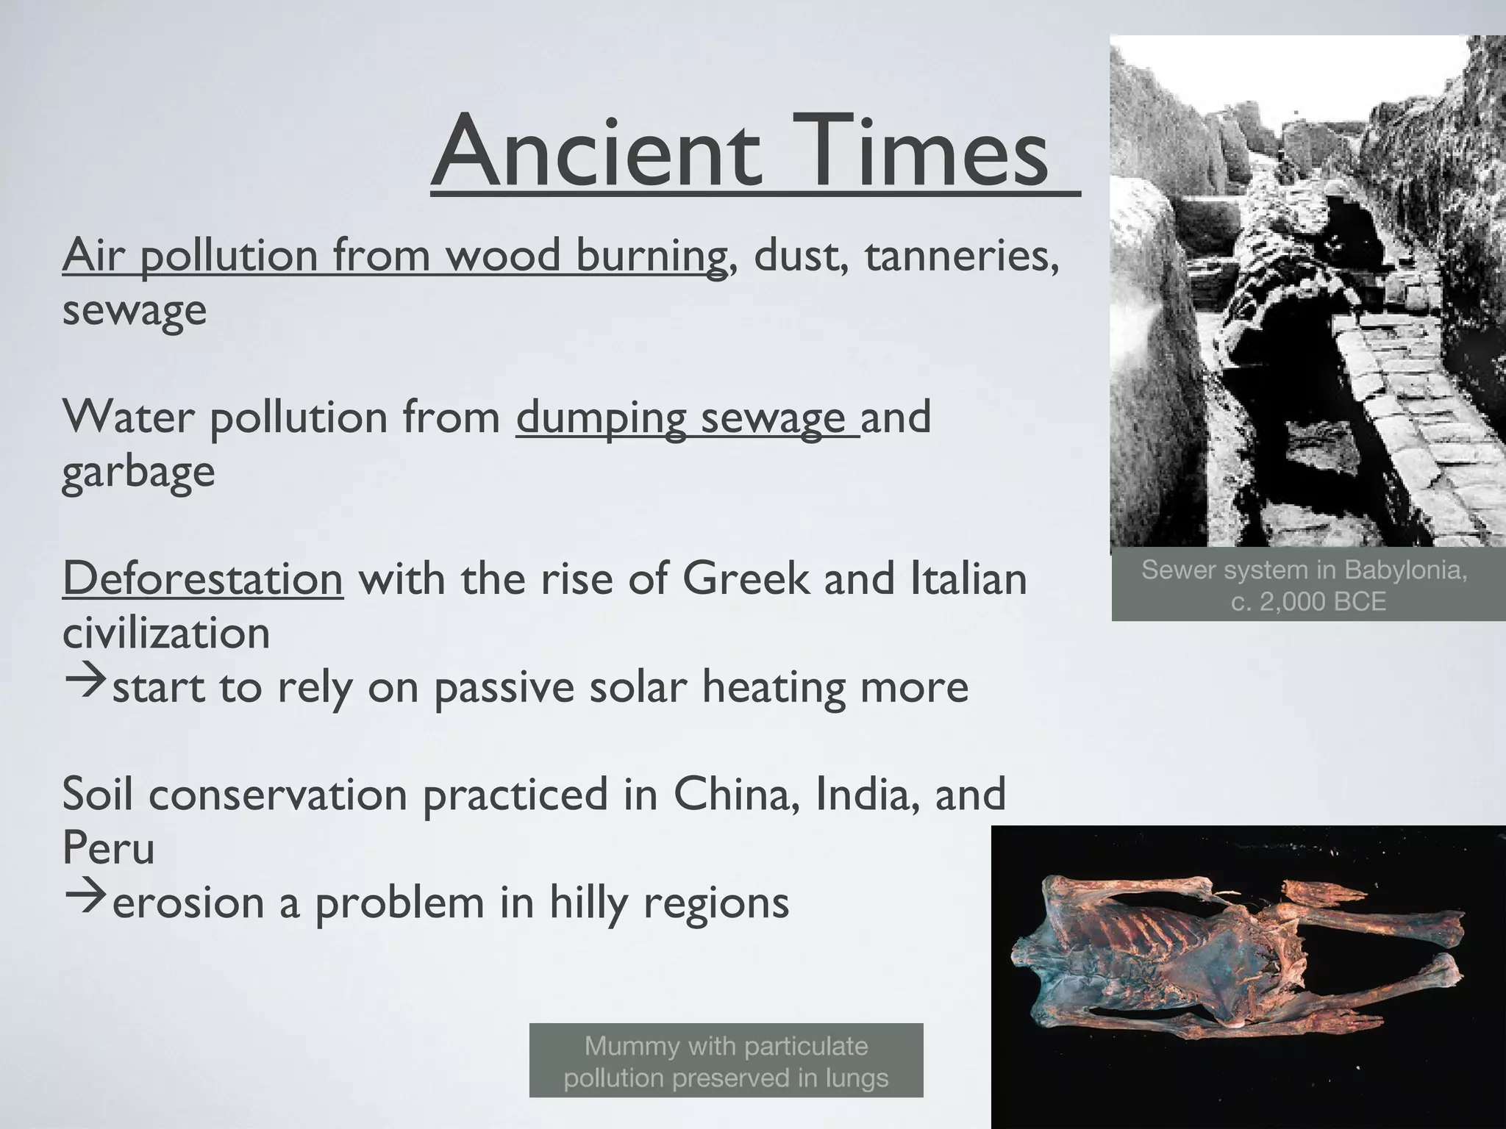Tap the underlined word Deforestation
click(203, 578)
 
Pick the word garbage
click(138, 472)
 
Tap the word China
click(735, 794)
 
